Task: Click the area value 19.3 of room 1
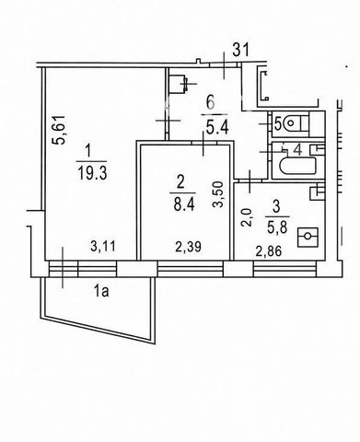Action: [x=92, y=174]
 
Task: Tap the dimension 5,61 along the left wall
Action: [x=59, y=129]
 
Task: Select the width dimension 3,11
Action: [x=103, y=246]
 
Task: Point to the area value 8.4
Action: [x=184, y=204]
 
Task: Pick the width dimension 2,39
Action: [x=189, y=247]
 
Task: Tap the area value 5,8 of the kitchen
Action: [x=276, y=228]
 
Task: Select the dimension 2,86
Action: [x=269, y=251]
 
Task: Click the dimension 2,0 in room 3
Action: [x=246, y=217]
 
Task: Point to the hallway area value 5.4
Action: [x=216, y=128]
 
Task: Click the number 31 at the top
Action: [x=240, y=51]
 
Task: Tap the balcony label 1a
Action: [x=101, y=291]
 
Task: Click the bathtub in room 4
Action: [x=297, y=166]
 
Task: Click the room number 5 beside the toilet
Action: [x=277, y=124]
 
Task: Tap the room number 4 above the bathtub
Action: [x=296, y=150]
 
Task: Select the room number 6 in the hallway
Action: [x=211, y=103]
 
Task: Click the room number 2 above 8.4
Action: [x=180, y=183]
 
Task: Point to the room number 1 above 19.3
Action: [x=88, y=153]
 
